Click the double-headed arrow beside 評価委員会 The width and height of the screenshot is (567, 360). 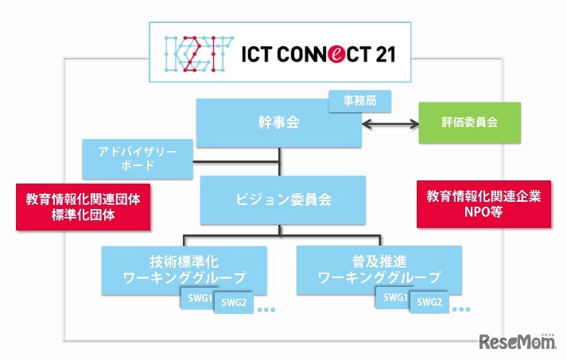[x=390, y=123]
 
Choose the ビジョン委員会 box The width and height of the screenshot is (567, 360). [x=278, y=199]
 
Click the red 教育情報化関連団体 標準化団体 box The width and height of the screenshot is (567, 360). [x=83, y=207]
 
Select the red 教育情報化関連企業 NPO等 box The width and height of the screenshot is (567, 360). [x=484, y=203]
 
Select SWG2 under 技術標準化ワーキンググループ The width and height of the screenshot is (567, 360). [x=234, y=302]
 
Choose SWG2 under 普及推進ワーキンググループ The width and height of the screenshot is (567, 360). [x=429, y=302]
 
